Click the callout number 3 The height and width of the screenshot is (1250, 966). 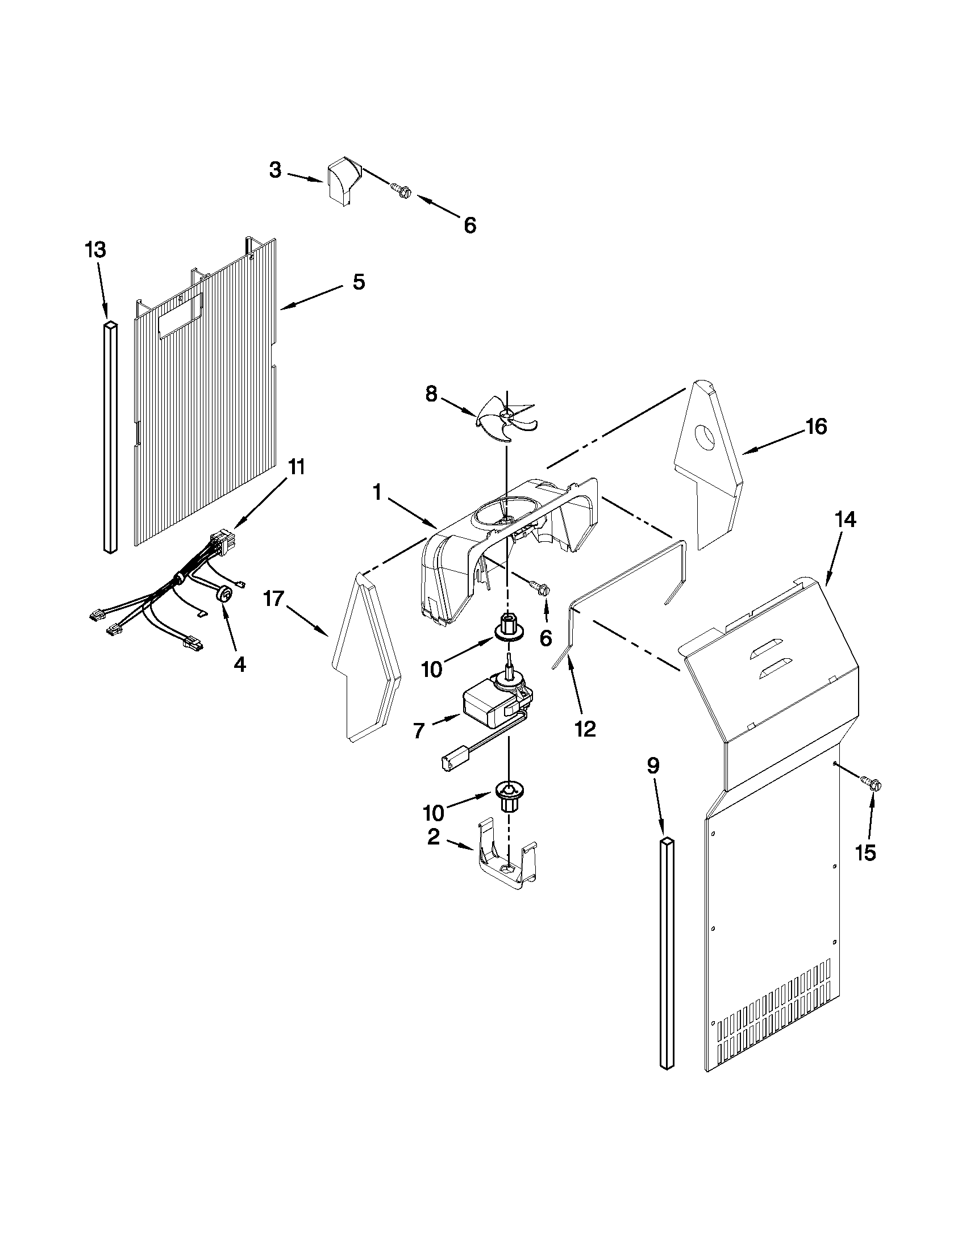pyautogui.click(x=276, y=170)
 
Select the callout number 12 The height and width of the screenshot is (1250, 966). pyautogui.click(x=585, y=729)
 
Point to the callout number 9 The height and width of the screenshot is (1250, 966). pyautogui.click(x=653, y=766)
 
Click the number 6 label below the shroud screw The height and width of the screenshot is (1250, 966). pyautogui.click(x=546, y=638)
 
